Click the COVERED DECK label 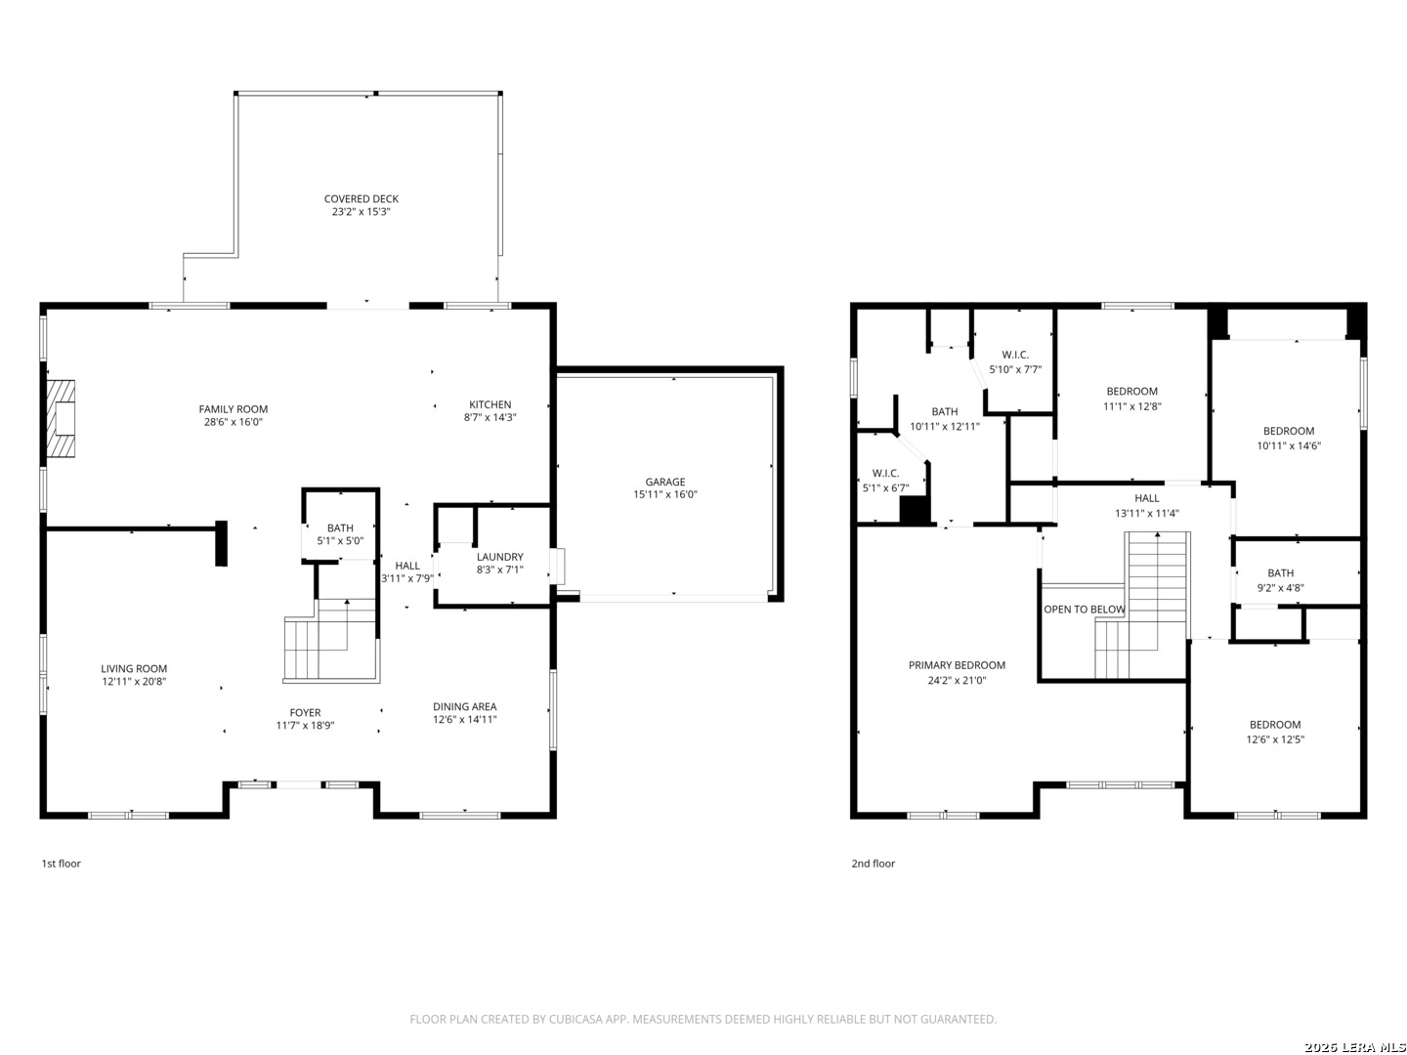pos(361,199)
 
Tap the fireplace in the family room pos(61,418)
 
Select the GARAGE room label pos(664,482)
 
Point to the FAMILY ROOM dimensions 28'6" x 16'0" pos(234,422)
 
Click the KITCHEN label pos(490,404)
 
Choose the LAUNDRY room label pos(500,557)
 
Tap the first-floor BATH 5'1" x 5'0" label pos(340,534)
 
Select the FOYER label pos(305,713)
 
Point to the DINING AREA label pos(465,706)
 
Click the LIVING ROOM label pos(134,669)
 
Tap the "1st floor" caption pos(62,864)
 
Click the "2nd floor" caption pos(874,864)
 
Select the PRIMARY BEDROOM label pos(957,665)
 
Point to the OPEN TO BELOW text pos(1084,610)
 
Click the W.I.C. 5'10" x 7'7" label pos(1015,361)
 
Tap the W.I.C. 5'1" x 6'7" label pos(886,481)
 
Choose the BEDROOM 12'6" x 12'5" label pos(1275,733)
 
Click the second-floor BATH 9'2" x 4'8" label pos(1280,580)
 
